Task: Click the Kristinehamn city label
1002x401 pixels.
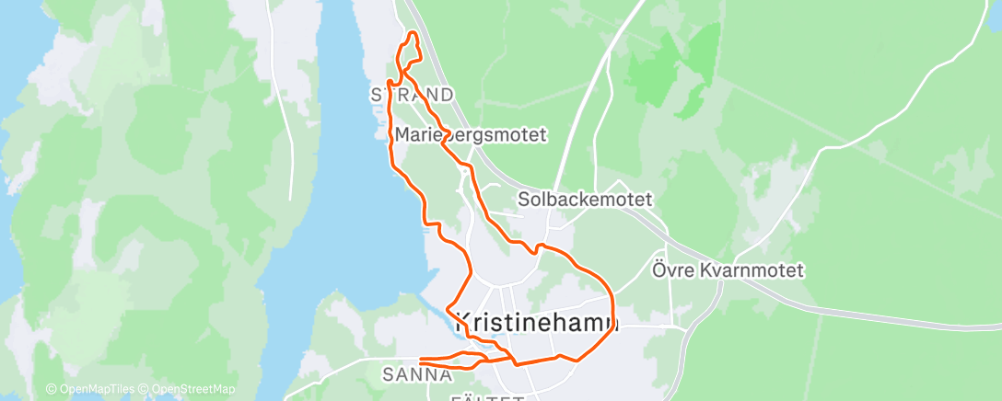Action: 537,323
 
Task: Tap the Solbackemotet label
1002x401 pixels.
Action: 585,199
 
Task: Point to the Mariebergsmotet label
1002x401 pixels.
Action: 471,134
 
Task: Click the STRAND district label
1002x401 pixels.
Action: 412,95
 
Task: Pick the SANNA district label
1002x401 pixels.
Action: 417,374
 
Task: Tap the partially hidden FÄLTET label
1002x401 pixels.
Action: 488,397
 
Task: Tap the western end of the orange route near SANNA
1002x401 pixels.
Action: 420,361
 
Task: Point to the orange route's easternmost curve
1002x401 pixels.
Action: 612,308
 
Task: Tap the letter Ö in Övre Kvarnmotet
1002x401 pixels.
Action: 659,270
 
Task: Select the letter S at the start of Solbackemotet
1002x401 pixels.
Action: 523,199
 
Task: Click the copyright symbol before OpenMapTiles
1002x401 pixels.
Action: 51,389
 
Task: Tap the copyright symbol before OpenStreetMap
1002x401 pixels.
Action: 146,389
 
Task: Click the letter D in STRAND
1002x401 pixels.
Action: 447,95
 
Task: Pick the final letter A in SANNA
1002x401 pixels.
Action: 446,374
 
